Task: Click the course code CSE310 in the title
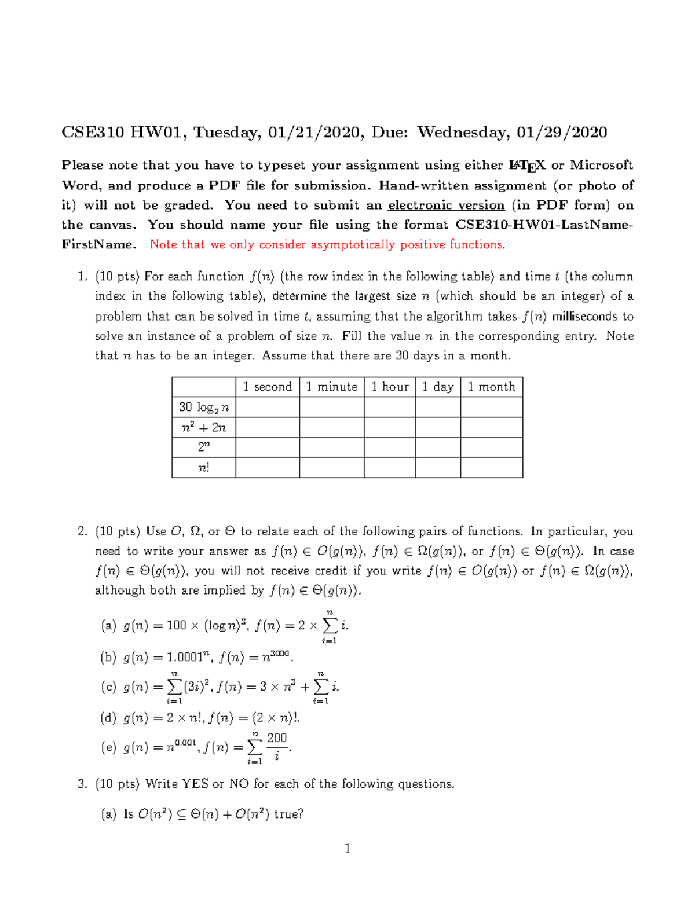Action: pos(93,133)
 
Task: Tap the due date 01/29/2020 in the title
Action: pos(562,133)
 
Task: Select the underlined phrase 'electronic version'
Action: pos(446,206)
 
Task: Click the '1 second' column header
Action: pos(268,387)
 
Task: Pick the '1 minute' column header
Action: pos(332,387)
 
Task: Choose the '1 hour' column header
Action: pos(390,387)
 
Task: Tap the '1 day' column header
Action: pos(438,387)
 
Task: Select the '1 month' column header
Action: pos(491,387)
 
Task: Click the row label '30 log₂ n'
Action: pos(204,408)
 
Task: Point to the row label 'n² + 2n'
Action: pos(204,428)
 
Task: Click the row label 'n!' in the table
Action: pos(204,467)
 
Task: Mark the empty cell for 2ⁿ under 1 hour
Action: pos(390,447)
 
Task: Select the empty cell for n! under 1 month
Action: pos(491,467)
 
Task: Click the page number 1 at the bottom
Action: pos(348,849)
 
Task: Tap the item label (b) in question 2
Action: pos(109,658)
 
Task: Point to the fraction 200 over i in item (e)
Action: pos(277,747)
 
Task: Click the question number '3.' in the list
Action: pos(82,784)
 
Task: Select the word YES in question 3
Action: pos(195,784)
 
